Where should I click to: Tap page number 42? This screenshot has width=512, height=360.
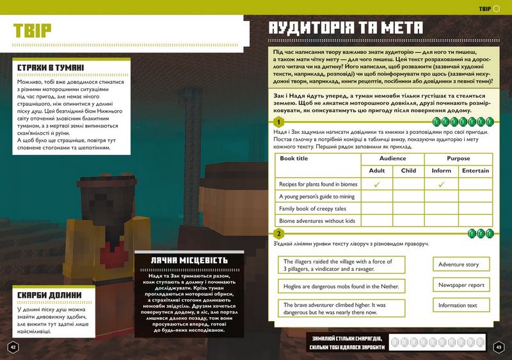click(12, 347)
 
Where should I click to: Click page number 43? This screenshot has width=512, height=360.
click(499, 347)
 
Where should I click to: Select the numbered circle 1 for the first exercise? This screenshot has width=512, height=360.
click(278, 122)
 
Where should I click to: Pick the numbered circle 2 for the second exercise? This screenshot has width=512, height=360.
click(278, 233)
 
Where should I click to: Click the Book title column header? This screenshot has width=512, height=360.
click(294, 159)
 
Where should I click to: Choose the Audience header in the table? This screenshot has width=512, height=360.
click(392, 159)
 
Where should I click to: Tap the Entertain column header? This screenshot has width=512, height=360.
click(476, 171)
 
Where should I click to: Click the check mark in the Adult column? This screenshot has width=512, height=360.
click(377, 184)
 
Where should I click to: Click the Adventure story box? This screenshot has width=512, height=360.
click(458, 265)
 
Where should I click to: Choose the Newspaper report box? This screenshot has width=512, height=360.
click(461, 285)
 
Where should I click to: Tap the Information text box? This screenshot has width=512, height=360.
click(458, 306)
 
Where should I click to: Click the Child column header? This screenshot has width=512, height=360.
click(408, 171)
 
